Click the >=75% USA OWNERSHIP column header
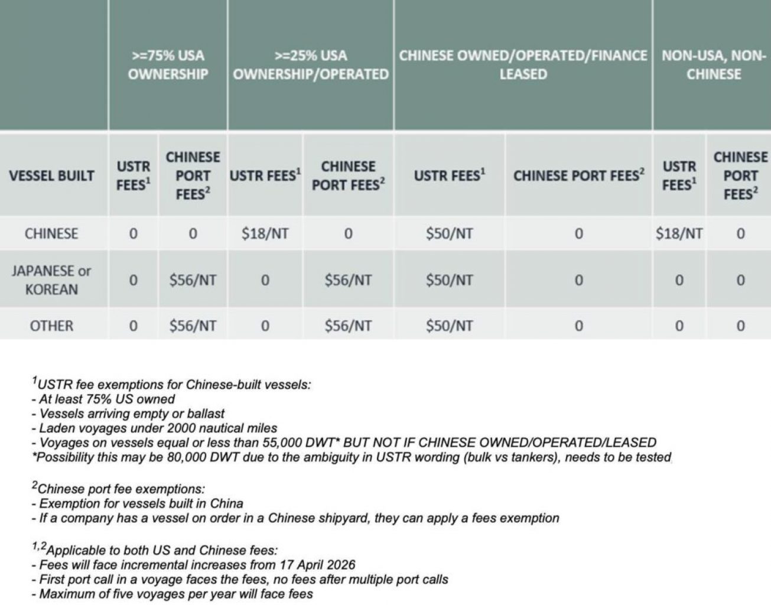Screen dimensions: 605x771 168,65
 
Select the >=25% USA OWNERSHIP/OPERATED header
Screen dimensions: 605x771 311,65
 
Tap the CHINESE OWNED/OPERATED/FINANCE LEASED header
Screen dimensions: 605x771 523,65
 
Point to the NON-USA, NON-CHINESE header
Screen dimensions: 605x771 713,65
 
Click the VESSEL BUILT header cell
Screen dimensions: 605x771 51,175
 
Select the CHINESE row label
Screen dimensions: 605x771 51,233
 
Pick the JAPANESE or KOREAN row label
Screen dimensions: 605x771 51,280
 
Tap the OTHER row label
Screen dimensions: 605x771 51,326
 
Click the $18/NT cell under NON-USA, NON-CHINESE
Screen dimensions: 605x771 679,233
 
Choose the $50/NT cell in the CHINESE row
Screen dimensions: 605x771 449,233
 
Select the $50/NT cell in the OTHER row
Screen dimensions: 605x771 449,326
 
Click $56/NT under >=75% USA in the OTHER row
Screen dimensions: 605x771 193,326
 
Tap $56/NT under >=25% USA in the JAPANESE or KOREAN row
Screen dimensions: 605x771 348,280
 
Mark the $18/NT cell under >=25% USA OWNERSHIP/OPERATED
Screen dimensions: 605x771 265,233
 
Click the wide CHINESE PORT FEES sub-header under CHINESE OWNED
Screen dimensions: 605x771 578,175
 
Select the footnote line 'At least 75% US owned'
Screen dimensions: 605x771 106,399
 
